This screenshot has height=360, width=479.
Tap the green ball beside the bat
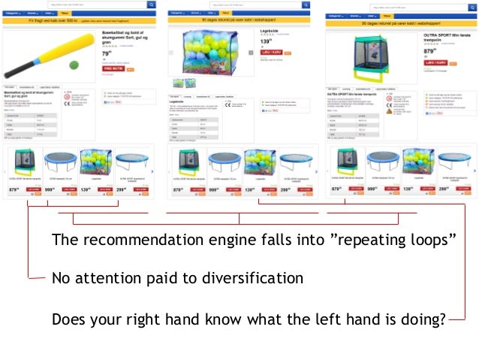tap(73, 65)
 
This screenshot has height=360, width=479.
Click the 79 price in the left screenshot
tap(106, 54)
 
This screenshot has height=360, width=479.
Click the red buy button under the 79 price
tap(112, 68)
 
